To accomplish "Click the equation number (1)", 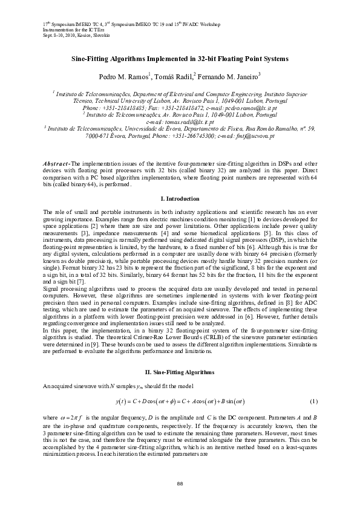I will pyautogui.click(x=313, y=401).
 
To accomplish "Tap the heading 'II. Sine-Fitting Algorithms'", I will pyautogui.click(x=180, y=370).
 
